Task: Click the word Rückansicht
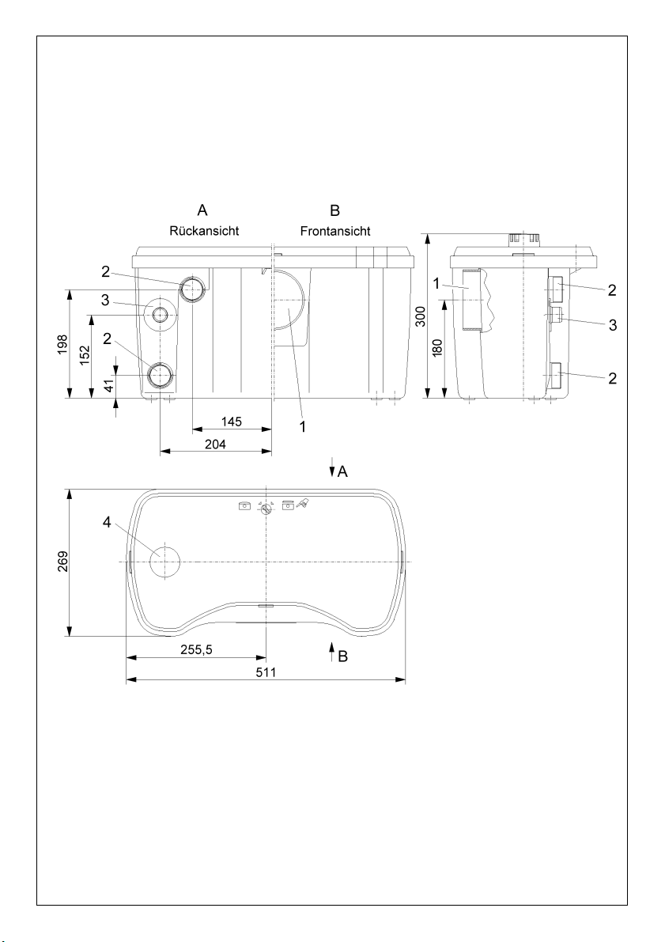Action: [204, 231]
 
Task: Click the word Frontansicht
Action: [335, 231]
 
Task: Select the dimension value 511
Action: [266, 672]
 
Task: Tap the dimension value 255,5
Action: [196, 649]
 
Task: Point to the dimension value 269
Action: [62, 562]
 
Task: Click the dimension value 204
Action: [216, 445]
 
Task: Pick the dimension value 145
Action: [231, 422]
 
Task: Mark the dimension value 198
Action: [62, 345]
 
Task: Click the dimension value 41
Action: [109, 386]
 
